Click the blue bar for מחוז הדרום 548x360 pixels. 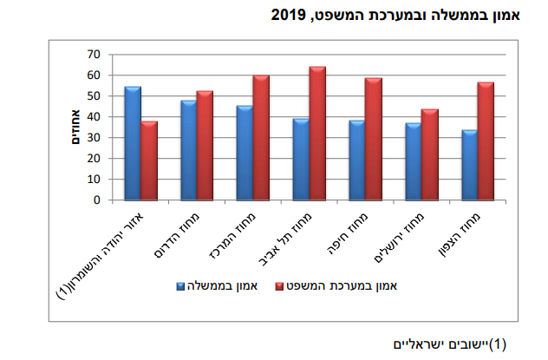coord(188,150)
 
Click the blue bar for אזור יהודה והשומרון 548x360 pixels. coord(133,143)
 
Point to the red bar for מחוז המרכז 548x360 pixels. coord(261,137)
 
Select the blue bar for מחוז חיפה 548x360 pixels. coord(357,160)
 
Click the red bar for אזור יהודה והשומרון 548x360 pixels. coord(149,160)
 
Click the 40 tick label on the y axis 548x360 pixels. coord(92,116)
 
